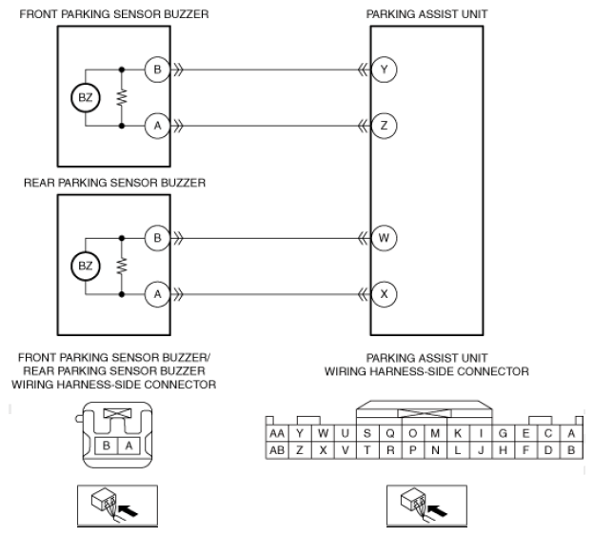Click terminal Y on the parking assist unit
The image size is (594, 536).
coord(385,69)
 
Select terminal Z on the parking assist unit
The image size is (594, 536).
coord(385,126)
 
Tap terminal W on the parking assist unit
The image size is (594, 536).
coord(385,238)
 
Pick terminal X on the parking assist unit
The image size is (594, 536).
coord(385,294)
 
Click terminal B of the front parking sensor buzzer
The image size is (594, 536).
coord(158,69)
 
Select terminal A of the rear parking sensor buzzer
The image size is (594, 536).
coord(158,294)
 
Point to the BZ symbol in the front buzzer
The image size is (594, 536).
coord(86,98)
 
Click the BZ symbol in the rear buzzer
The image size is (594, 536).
coord(86,266)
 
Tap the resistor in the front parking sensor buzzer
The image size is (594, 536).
coord(122,98)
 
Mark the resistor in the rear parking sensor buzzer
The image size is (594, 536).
coord(122,266)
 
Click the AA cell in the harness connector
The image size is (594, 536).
coord(277,433)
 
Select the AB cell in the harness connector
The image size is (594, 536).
coord(277,450)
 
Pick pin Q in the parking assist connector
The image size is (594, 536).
coord(390,433)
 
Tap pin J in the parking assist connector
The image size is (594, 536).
coord(481,450)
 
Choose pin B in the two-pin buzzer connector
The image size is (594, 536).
coord(106,446)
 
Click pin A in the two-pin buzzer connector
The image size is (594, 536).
coord(129,446)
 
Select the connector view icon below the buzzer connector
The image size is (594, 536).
coord(117,506)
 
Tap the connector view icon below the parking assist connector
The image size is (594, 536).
coord(426,506)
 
